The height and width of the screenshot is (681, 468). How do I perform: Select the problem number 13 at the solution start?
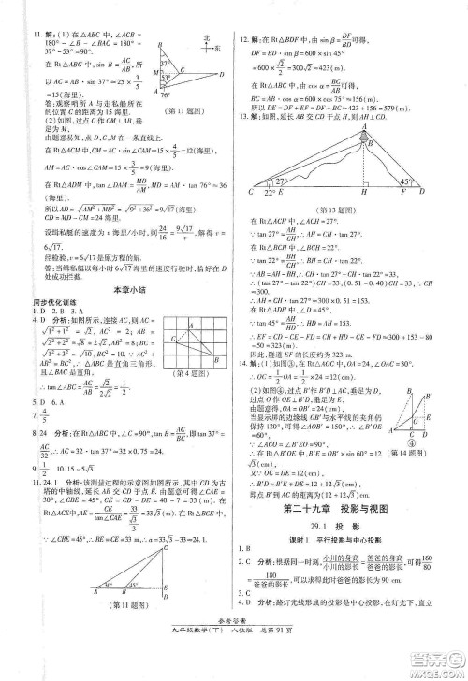pyautogui.click(x=245, y=117)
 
